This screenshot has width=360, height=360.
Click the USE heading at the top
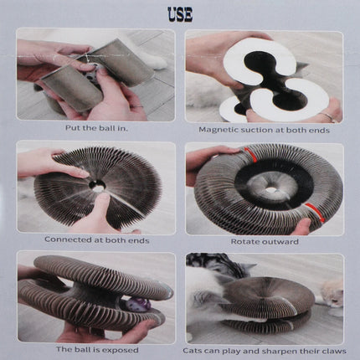(x=180, y=14)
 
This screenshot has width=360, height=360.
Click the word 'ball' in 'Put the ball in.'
(x=104, y=128)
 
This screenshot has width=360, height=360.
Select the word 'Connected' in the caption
(x=68, y=239)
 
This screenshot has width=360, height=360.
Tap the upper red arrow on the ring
(x=249, y=153)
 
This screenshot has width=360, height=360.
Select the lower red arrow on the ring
(x=315, y=212)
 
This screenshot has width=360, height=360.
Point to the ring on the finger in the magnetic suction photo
(x=328, y=117)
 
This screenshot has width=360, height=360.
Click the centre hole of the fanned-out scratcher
(x=98, y=186)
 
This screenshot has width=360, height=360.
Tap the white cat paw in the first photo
(x=157, y=62)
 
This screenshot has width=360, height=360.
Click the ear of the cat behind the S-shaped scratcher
(x=302, y=66)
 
